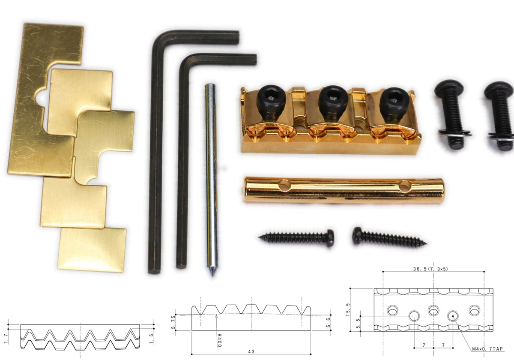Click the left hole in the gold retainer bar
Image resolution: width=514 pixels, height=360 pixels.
pos(284,186)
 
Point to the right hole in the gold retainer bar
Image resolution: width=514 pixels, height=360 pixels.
pos(405,186)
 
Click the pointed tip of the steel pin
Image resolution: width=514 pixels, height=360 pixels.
pos(212,275)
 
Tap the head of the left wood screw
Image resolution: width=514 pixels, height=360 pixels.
pos(330,238)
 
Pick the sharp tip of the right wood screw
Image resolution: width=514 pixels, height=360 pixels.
pos(426,243)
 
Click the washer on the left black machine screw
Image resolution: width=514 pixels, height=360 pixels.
pos(454,133)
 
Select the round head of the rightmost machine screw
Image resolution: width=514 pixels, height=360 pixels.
pos(498,90)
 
